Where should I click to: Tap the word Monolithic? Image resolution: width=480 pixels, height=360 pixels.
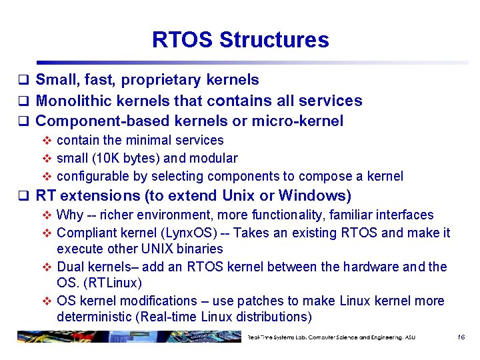pos(75,101)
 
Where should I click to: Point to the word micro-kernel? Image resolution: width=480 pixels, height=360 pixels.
pos(301,121)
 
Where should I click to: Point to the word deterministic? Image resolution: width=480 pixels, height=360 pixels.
pos(97,316)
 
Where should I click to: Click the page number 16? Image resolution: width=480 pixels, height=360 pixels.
pos(460,337)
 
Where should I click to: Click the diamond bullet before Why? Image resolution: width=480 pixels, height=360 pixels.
pos(47,215)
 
